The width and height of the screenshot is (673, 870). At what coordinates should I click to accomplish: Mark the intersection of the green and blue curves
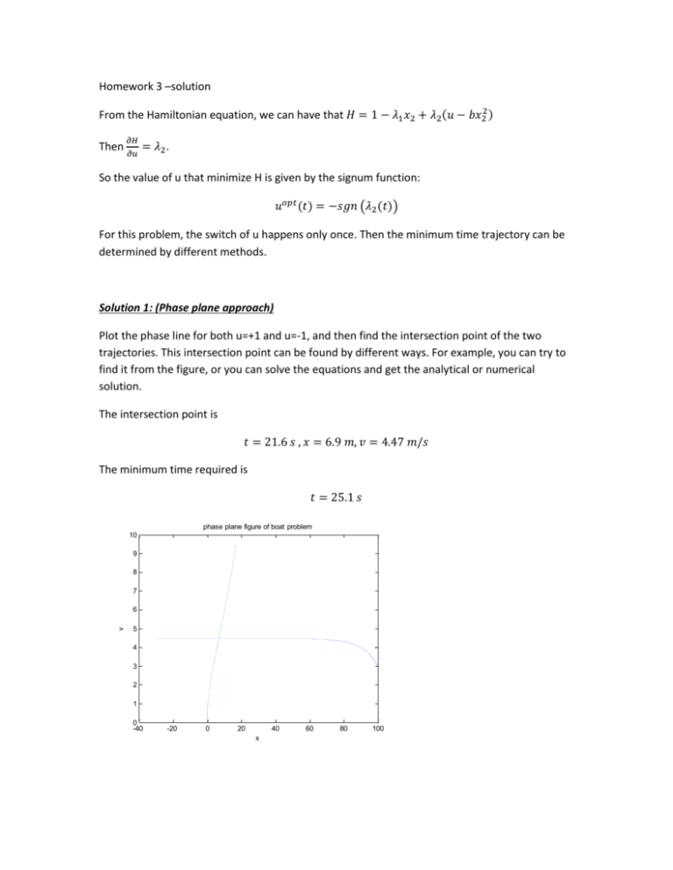pyautogui.click(x=217, y=638)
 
